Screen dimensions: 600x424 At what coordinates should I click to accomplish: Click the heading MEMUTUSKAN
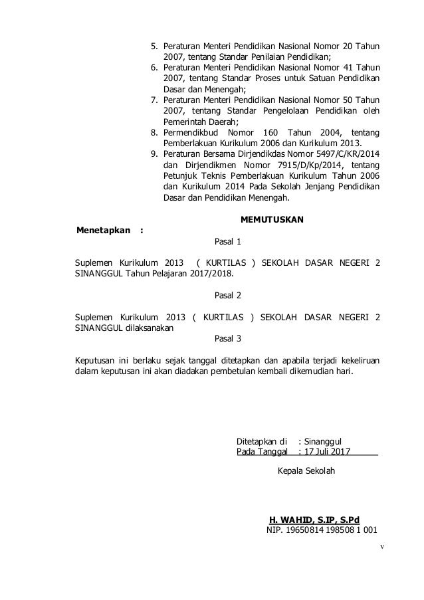click(270, 220)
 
